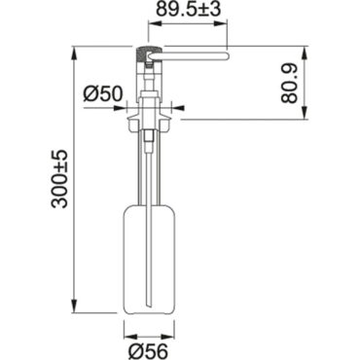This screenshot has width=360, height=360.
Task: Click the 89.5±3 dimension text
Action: (189, 10)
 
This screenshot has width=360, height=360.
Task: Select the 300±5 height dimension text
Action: (59, 179)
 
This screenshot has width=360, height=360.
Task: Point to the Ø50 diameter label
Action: (103, 93)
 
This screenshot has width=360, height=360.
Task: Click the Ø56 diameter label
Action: (148, 350)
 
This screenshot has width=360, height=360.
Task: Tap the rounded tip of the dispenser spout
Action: (228, 56)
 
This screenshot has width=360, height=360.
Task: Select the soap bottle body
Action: (150, 259)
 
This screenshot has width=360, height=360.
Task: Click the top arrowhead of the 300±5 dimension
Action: (75, 53)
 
